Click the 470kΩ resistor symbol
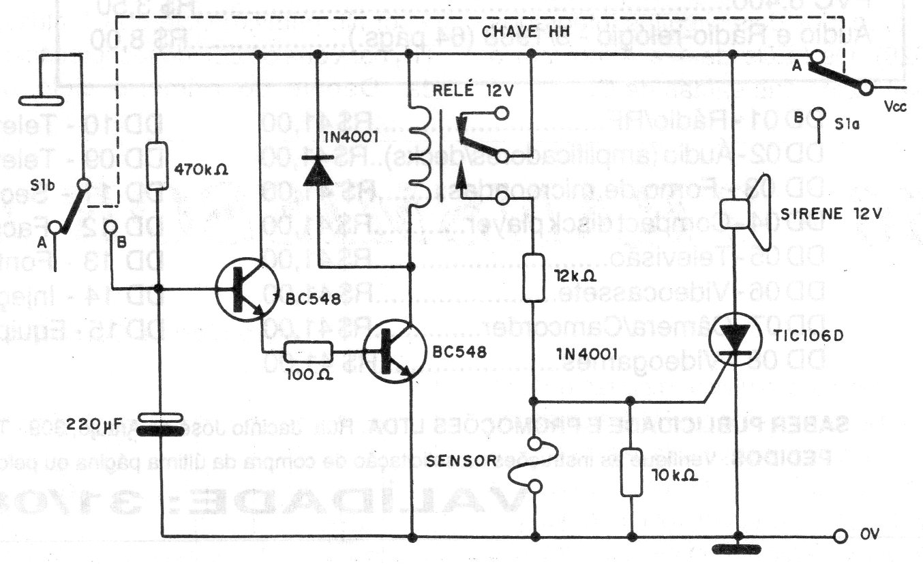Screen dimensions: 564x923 [157, 166]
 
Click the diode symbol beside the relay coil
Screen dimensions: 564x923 [318, 170]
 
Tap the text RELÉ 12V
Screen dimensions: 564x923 [467, 87]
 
